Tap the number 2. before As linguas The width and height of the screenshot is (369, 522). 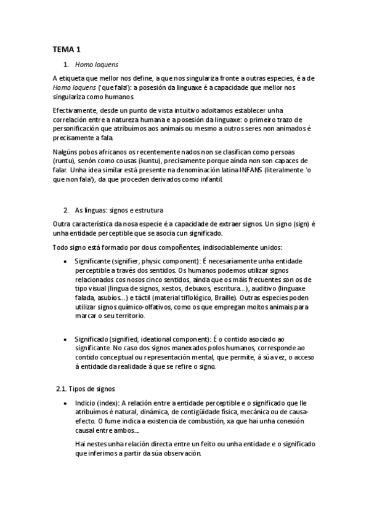coord(67,209)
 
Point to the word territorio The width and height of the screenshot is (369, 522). coord(125,315)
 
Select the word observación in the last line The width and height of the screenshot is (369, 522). coord(179,452)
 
